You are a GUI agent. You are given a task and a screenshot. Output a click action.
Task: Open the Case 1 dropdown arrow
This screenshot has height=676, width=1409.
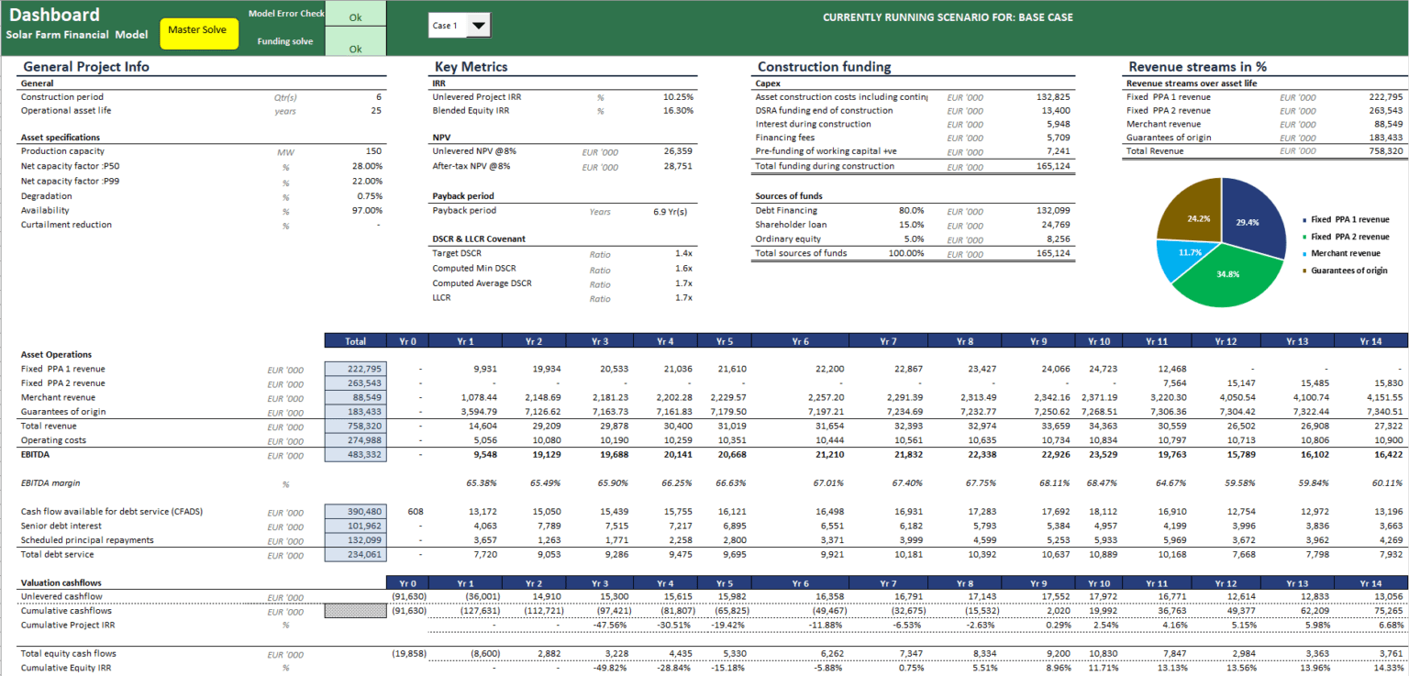479,26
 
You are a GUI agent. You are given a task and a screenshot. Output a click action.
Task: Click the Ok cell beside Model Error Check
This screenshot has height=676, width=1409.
355,17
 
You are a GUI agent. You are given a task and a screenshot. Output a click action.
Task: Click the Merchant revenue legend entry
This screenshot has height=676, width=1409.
1345,252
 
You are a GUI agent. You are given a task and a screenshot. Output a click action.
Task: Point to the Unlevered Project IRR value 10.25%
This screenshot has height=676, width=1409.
678,96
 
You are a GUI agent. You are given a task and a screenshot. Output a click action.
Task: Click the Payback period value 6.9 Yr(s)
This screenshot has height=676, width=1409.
670,211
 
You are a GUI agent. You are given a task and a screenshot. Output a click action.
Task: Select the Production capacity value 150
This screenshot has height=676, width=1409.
373,151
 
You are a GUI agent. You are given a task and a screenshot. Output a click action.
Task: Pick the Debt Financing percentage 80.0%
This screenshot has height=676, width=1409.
911,211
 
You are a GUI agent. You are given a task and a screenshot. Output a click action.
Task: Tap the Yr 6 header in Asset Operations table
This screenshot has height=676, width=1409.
800,341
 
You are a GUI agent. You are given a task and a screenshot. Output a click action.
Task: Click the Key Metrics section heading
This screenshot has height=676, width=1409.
471,67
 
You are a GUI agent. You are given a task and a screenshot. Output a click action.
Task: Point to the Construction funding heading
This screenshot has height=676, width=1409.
824,67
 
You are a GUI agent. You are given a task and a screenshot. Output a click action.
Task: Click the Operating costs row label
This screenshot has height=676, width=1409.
53,440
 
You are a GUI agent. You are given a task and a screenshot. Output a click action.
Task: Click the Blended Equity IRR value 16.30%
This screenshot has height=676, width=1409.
678,110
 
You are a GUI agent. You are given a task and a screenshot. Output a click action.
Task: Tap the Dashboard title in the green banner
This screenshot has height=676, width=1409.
54,15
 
